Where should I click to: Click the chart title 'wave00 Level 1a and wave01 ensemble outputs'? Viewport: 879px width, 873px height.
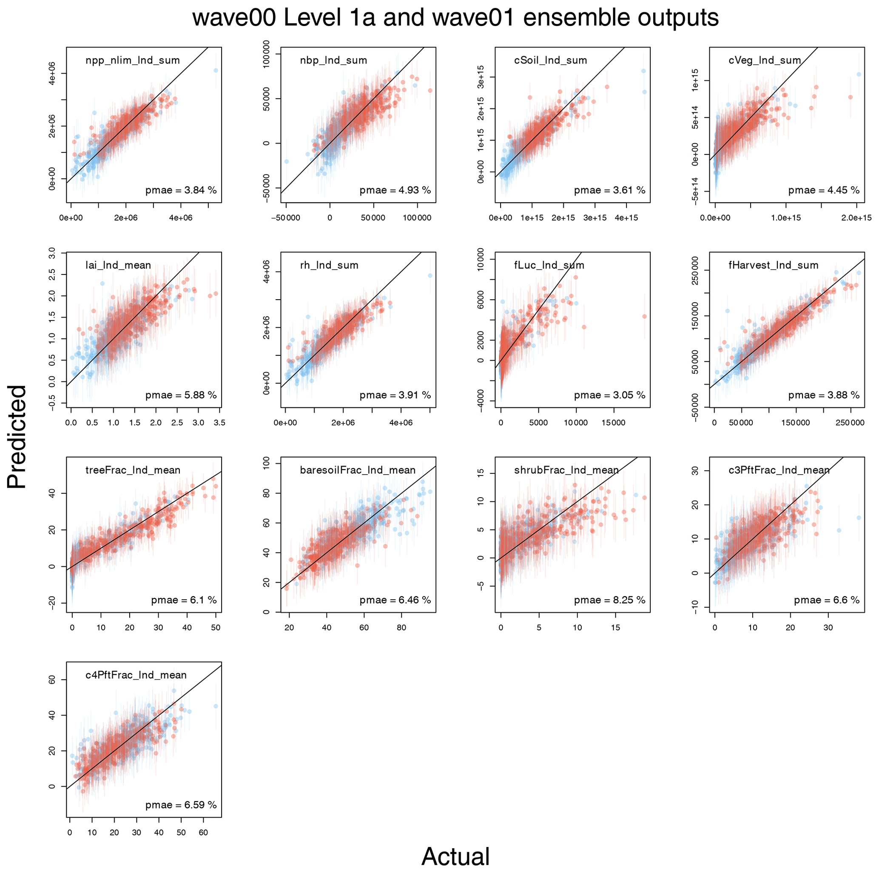[x=455, y=18]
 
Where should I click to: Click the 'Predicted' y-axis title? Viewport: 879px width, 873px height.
[x=17, y=437]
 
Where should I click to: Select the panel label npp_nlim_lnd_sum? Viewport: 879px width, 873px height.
[x=132, y=60]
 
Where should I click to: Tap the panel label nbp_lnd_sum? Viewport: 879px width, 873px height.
[x=333, y=60]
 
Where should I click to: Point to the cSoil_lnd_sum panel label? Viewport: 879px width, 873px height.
[x=551, y=60]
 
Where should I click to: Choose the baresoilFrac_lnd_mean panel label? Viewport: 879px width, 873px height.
[x=358, y=470]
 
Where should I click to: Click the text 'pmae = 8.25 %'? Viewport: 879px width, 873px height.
[x=609, y=600]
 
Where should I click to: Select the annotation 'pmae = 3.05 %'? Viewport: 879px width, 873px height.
[x=609, y=395]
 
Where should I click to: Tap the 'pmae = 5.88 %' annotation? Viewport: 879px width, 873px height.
[x=181, y=395]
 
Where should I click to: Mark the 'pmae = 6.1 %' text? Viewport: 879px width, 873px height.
[x=184, y=600]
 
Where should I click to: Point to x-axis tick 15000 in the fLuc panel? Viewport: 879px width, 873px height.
[x=613, y=423]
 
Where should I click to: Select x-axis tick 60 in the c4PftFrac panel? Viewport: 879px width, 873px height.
[x=203, y=833]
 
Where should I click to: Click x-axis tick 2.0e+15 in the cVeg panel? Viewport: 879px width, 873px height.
[x=856, y=218]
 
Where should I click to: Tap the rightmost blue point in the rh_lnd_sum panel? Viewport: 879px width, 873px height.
[x=430, y=275]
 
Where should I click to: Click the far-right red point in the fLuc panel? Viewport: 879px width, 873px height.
[x=644, y=316]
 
